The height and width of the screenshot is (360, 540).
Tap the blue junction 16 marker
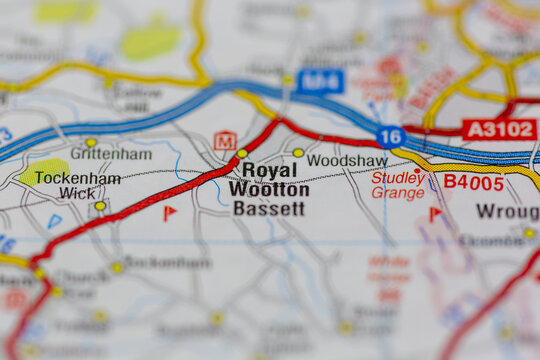[x=391, y=137]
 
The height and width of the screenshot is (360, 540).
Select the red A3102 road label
[x=499, y=129]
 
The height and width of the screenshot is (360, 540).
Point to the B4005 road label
[x=474, y=182]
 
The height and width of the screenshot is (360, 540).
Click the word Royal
[x=270, y=170]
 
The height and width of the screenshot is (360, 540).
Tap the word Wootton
[x=269, y=189]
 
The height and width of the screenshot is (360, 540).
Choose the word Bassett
[x=268, y=208]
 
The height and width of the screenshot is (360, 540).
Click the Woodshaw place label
[x=347, y=160]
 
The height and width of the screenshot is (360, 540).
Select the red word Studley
[x=398, y=177]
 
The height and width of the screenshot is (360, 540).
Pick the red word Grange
[x=398, y=193]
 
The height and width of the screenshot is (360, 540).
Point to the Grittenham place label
[x=111, y=154]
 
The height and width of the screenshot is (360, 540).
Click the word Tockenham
[x=77, y=178]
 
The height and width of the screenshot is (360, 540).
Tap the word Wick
[x=78, y=193]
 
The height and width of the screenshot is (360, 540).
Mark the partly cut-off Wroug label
[x=507, y=211]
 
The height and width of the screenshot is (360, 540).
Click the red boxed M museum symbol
[x=225, y=141]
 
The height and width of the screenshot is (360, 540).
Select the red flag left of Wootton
[x=170, y=212]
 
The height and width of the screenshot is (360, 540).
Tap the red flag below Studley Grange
[x=435, y=213]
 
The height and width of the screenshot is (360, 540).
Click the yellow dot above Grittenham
[x=91, y=142]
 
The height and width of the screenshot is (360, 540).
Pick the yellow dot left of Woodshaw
[x=298, y=153]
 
